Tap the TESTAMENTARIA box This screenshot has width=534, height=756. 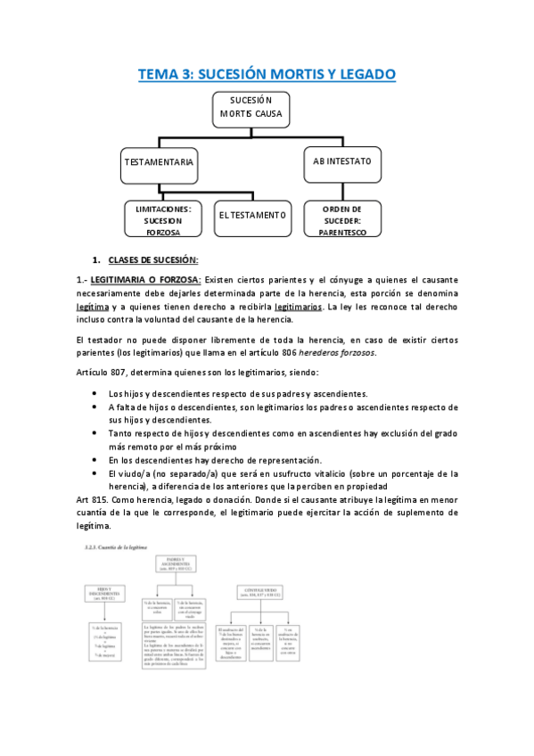point(158,163)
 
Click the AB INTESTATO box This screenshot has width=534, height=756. point(341,161)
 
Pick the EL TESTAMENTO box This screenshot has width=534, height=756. point(252,216)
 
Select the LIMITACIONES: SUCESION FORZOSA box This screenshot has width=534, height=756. point(163,219)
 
